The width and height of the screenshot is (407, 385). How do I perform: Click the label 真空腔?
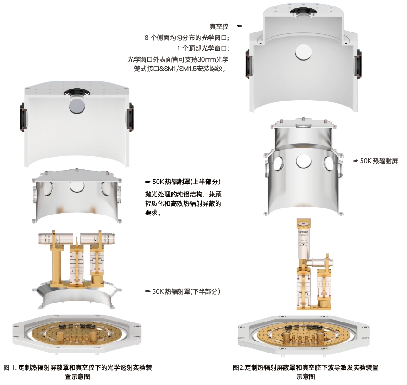219,26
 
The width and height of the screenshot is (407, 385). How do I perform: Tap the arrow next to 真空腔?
239,26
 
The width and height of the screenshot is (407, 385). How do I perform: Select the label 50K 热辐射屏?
379,161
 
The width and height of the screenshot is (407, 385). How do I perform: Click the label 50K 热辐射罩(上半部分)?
186,182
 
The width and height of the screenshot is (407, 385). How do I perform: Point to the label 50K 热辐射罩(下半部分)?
186,291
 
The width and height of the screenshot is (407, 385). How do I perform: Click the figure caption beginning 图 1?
77,372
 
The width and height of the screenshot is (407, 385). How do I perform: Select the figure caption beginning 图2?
305,372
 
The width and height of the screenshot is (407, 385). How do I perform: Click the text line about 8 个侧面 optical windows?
187,38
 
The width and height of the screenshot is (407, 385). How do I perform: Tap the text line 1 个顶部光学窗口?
203,49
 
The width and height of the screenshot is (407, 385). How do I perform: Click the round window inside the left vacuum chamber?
77,106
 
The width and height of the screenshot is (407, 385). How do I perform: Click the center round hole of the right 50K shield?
304,161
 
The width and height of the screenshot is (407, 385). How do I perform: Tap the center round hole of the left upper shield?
77,186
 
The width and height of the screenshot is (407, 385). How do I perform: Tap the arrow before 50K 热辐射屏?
356,161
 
